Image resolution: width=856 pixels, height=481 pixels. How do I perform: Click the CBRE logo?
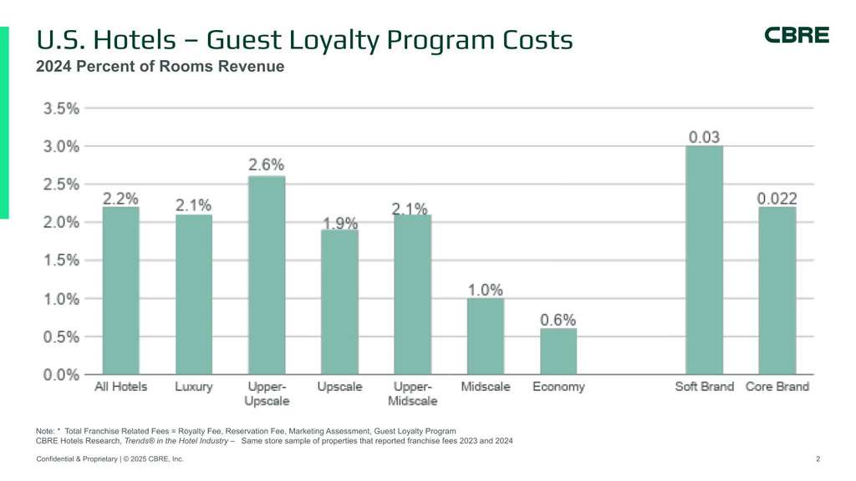tap(797, 35)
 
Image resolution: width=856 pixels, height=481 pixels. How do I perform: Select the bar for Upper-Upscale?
tap(267, 275)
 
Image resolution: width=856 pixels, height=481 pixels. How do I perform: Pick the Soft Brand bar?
tap(704, 260)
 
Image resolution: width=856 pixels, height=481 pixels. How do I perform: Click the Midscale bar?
tap(485, 336)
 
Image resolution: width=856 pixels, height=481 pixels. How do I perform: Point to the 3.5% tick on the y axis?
tap(61, 108)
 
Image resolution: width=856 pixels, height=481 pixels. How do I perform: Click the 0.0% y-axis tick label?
tap(61, 375)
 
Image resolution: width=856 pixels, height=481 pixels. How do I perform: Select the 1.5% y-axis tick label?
tap(61, 261)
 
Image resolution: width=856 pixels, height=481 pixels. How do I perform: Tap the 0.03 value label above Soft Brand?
tap(704, 137)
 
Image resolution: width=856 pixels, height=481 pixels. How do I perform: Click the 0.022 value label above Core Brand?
tap(777, 199)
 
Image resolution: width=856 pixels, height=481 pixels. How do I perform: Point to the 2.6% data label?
tap(267, 165)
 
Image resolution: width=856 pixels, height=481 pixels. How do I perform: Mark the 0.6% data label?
tap(558, 320)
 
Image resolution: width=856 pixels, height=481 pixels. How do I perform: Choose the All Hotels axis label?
tap(121, 387)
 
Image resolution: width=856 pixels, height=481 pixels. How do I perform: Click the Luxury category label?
tap(194, 387)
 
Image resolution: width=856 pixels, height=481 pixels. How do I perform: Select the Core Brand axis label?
tap(777, 387)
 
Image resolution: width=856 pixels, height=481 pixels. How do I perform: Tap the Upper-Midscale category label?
tap(413, 393)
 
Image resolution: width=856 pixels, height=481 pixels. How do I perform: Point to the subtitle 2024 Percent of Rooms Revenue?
tap(160, 67)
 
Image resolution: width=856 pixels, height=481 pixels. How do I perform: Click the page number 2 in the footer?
tap(818, 459)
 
